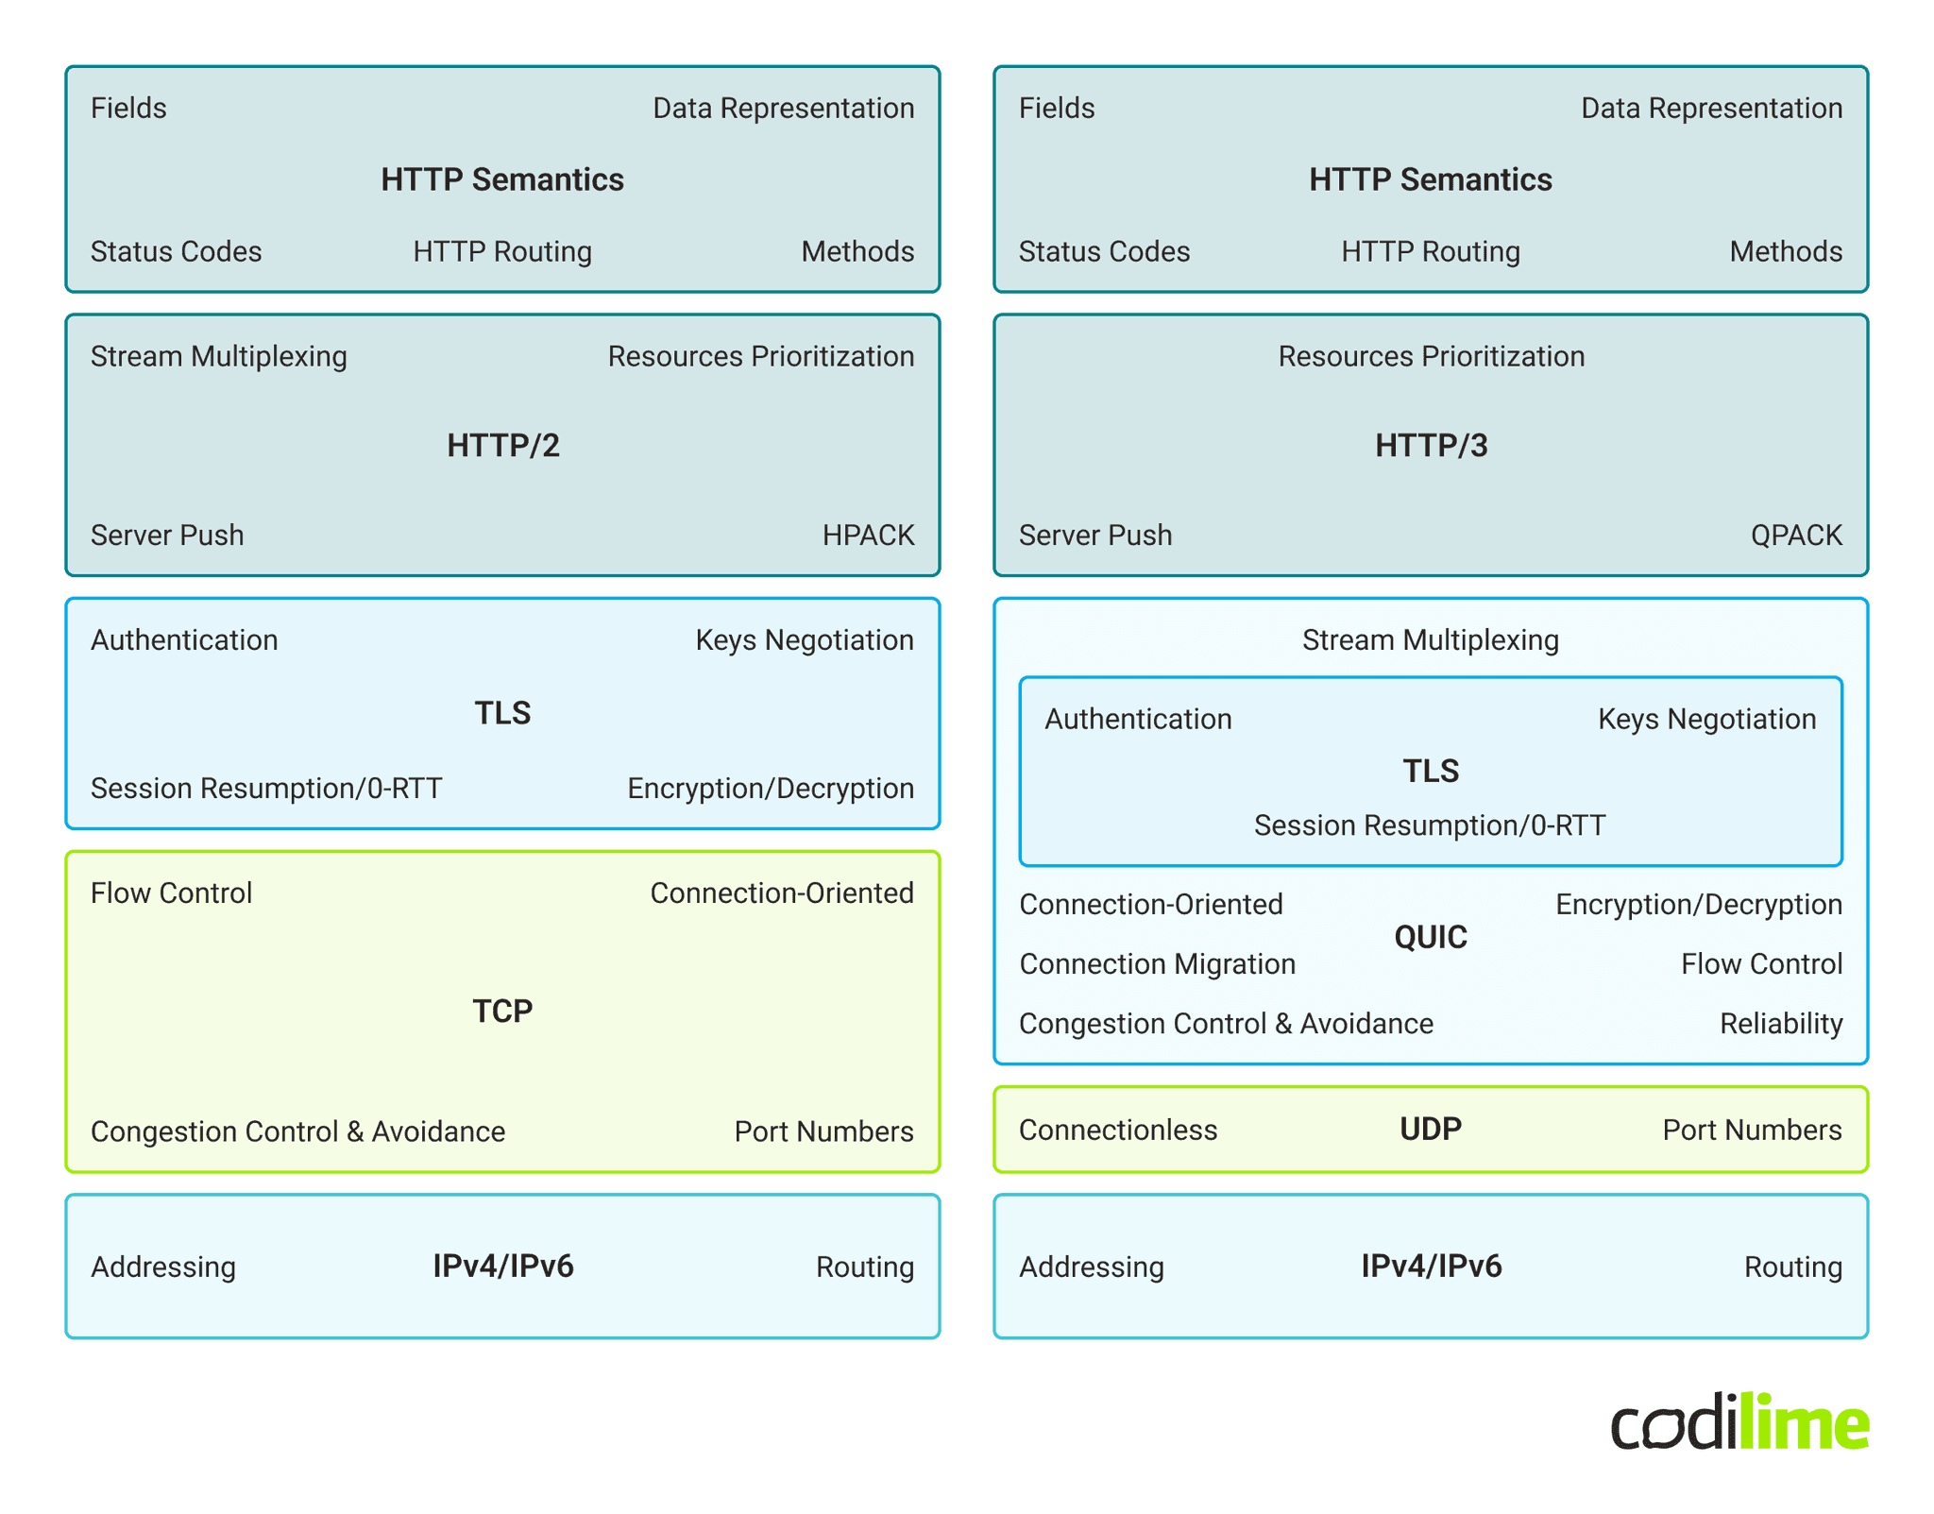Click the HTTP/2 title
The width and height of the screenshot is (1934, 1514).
(502, 445)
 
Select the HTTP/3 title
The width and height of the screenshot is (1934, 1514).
(1431, 445)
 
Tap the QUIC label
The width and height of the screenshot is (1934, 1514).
(1430, 937)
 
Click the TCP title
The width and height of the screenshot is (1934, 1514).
(502, 1011)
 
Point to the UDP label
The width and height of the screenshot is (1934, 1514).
(1430, 1129)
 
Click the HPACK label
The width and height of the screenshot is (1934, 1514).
(867, 536)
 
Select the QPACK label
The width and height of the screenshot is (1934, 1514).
(1795, 536)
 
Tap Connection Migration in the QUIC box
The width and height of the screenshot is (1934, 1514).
(1157, 964)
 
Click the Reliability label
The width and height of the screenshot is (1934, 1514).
(1780, 1024)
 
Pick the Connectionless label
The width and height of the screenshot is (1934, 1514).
(1117, 1130)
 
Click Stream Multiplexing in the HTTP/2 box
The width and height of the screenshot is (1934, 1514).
(218, 356)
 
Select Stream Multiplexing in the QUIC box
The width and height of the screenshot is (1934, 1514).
(1430, 640)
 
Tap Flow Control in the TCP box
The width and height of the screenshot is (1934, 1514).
(171, 893)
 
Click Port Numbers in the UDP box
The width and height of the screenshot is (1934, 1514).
(1751, 1130)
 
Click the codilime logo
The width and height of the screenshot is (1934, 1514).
(1739, 1422)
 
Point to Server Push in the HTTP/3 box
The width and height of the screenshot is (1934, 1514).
(1094, 536)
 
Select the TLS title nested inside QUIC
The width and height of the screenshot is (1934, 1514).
(1430, 771)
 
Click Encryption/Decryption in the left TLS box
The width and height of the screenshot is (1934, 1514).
(770, 789)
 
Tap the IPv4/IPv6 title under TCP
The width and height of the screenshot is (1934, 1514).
(502, 1266)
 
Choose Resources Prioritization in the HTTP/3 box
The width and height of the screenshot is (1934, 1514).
(1430, 356)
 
